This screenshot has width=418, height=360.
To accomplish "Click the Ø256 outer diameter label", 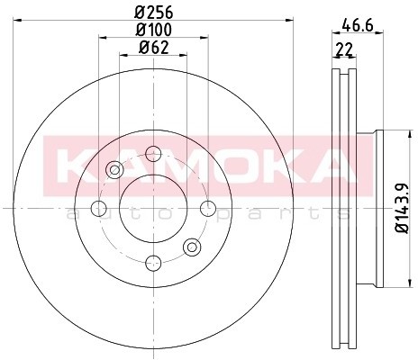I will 154,12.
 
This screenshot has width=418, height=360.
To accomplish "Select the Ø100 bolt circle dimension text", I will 154,30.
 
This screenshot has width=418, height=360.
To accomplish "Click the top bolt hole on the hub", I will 153,152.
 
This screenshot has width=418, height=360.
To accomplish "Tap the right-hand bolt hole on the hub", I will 208,208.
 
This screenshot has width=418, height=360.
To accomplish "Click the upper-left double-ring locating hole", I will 114,169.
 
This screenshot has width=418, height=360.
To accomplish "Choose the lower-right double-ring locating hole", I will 191,247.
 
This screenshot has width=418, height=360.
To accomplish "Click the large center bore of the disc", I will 153,208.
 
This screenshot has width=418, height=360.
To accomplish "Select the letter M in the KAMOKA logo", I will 186,166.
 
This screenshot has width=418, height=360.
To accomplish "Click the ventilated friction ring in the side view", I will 343,207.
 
